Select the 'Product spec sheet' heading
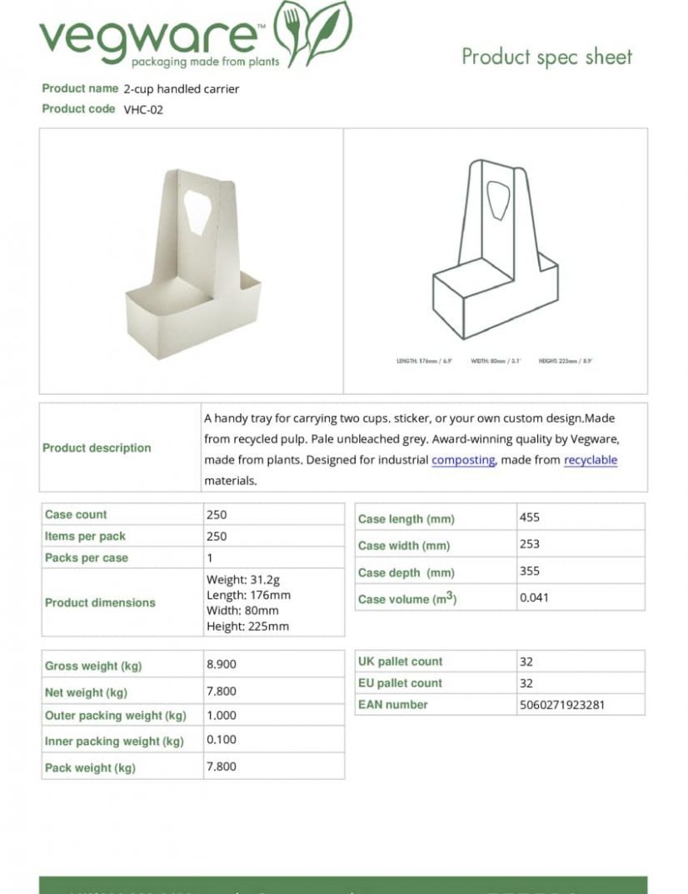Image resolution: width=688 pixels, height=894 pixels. [x=546, y=57]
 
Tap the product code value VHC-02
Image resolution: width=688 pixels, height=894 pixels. [x=143, y=109]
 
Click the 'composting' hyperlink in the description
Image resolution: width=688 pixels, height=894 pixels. [x=463, y=460]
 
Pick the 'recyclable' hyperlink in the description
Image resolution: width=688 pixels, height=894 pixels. [x=591, y=460]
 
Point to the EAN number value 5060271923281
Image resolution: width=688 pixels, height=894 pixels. [x=561, y=705]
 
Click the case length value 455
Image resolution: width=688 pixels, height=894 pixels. [x=530, y=517]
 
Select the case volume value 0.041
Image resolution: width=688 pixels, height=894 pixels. [x=534, y=597]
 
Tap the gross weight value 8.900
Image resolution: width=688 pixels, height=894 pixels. [x=222, y=665]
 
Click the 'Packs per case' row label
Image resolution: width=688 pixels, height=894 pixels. [x=87, y=558]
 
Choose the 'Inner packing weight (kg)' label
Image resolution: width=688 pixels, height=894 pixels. [x=114, y=742]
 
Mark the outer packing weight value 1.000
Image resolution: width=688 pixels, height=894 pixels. [x=222, y=716]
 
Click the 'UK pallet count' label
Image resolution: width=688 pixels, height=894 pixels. [x=401, y=662]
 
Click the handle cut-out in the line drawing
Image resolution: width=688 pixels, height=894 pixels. [x=496, y=200]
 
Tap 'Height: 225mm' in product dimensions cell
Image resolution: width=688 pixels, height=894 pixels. [x=247, y=627]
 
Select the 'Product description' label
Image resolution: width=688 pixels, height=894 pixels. [x=97, y=448]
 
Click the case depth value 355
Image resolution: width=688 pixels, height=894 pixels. [x=530, y=572]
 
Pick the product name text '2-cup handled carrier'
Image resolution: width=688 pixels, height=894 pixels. [x=182, y=89]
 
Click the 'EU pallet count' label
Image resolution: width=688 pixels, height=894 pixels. [x=401, y=683]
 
